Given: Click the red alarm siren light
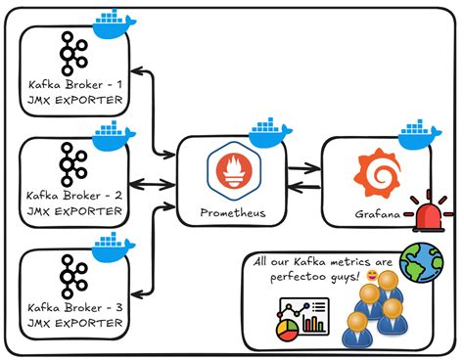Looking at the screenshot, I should (x=434, y=210).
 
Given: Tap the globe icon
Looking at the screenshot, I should (x=421, y=262).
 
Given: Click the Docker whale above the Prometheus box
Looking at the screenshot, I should (x=270, y=130).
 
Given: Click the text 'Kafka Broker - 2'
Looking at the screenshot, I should (x=73, y=194).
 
